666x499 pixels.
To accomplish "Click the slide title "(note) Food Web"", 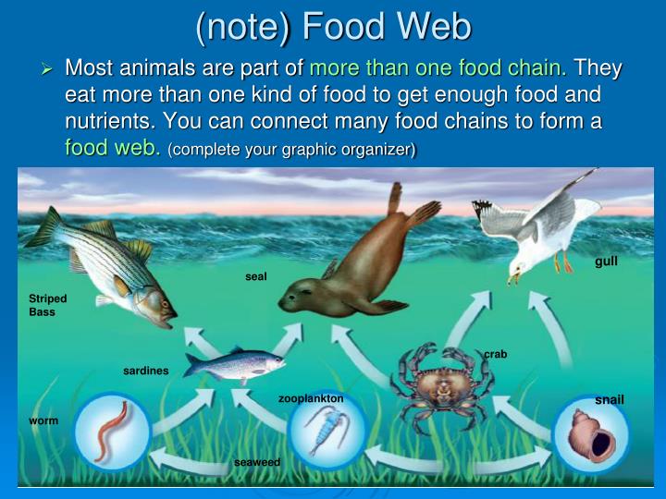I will point(333,26).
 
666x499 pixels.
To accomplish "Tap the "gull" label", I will point(606,262).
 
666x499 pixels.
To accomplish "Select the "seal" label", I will point(256,276).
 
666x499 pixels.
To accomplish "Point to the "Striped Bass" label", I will point(48,306).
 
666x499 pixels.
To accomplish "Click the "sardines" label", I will point(146,371).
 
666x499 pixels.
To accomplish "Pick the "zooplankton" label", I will point(311,398).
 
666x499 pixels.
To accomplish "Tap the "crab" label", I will point(496,354).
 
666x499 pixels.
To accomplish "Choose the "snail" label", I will point(610,399).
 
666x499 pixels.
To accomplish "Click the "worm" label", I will point(43,420).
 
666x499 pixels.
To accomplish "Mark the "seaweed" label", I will point(257,461).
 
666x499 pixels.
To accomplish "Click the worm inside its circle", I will point(112,431).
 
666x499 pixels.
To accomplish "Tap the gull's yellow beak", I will point(512,274).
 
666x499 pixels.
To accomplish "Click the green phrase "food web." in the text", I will point(112,148).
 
